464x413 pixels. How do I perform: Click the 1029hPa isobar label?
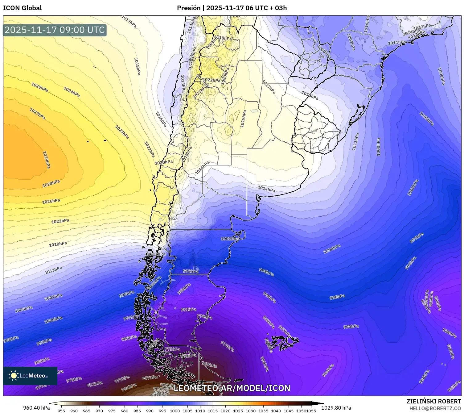pyautogui.click(x=46, y=160)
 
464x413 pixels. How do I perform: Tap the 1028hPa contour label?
pyautogui.click(x=51, y=184)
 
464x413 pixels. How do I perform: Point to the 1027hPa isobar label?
pyautogui.click(x=37, y=114)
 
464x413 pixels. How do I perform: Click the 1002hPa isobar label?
pyautogui.click(x=230, y=239)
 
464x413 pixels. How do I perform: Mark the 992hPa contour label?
pyautogui.click(x=191, y=271)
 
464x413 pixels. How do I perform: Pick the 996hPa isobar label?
pyautogui.click(x=337, y=297)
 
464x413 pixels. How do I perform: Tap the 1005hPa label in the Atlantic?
pyautogui.click(x=427, y=119)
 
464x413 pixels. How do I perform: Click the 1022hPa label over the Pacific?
pyautogui.click(x=60, y=221)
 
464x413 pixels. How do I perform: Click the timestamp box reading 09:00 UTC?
pyautogui.click(x=55, y=30)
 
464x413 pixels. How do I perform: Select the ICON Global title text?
pyautogui.click(x=22, y=8)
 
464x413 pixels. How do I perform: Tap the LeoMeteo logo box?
pyautogui.click(x=30, y=376)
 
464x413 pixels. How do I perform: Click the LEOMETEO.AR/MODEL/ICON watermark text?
pyautogui.click(x=232, y=388)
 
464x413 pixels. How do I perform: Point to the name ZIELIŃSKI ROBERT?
pyautogui.click(x=434, y=402)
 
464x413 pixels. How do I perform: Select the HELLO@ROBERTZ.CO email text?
pyautogui.click(x=435, y=408)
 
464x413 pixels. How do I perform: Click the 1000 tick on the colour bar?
pyautogui.click(x=175, y=411)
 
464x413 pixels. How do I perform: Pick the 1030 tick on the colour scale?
pyautogui.click(x=251, y=411)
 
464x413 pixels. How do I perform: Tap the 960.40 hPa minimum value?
pyautogui.click(x=36, y=408)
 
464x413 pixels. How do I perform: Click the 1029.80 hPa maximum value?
pyautogui.click(x=336, y=408)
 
